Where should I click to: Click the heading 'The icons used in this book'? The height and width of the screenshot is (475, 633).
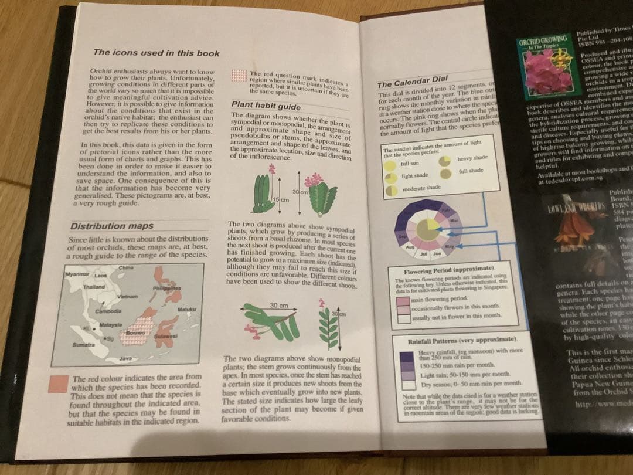pos(156,53)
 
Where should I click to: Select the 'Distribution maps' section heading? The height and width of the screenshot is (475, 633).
pos(112,226)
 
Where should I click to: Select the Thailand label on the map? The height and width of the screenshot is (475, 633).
pos(94,287)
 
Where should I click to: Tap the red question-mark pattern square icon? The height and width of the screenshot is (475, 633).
pos(238,76)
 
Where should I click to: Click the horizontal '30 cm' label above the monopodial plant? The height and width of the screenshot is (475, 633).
pos(278,306)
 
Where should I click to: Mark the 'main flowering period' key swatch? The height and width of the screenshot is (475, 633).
pos(404,300)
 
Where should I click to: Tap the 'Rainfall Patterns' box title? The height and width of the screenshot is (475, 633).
pos(461,341)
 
